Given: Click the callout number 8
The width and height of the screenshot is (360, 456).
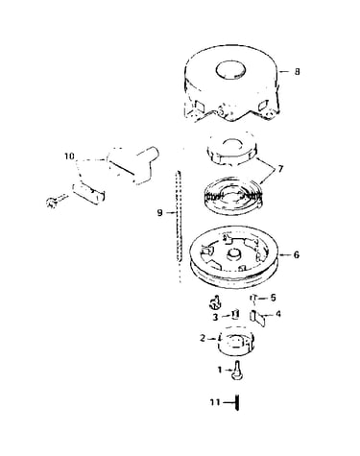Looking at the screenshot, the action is (298, 71).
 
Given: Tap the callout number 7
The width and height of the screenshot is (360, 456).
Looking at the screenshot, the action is (280, 169).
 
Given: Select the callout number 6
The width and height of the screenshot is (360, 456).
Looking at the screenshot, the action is (297, 255).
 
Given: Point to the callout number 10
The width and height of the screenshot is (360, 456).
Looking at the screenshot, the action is (69, 156).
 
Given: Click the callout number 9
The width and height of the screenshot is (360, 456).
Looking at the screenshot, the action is (159, 212).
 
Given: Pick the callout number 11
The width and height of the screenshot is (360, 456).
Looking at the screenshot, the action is (215, 401).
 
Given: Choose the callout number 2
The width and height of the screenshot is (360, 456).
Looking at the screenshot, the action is (203, 338).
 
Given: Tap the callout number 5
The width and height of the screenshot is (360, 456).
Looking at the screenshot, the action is (273, 298).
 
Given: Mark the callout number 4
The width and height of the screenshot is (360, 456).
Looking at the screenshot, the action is (278, 314).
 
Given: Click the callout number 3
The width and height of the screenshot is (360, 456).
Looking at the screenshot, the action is (215, 317).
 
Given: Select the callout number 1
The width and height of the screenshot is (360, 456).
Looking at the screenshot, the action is (220, 370).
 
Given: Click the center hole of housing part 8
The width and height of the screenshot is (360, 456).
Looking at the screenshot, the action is (230, 70).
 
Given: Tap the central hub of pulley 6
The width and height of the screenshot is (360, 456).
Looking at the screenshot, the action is (234, 255).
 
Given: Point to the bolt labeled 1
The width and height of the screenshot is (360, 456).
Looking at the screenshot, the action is (237, 371).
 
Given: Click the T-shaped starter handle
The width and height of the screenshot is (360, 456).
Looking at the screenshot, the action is (133, 164).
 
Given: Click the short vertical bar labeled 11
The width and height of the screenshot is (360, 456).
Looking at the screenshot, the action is (237, 402).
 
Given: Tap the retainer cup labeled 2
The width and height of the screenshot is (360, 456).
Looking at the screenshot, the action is (235, 342).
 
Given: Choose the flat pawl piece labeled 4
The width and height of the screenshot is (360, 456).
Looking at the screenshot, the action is (257, 319).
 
